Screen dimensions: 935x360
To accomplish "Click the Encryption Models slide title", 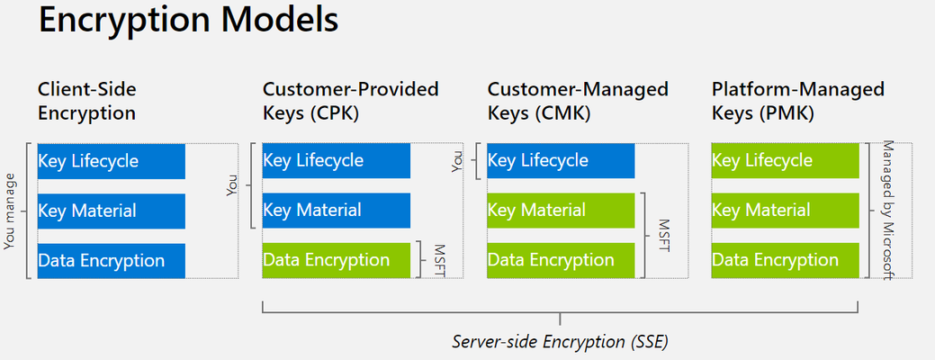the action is tap(188, 20).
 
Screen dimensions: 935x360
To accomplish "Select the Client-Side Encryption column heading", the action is tap(87, 101).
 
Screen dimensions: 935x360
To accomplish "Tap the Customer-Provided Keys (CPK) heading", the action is tap(351, 101).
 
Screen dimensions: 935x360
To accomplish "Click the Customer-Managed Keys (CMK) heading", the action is tap(578, 101).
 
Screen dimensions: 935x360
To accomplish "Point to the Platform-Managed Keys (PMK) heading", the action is tap(798, 101).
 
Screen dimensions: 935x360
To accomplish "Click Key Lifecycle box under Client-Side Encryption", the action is tap(112, 161).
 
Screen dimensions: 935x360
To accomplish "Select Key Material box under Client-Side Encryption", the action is tap(112, 211).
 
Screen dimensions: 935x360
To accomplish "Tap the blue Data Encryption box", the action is tap(112, 260).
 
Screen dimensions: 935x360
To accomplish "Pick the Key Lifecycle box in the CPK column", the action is tap(337, 160).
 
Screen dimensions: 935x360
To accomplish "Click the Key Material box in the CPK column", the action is tap(337, 211).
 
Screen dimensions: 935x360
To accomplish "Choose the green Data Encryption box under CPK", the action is tap(337, 260).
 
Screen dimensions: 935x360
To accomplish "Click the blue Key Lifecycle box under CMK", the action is tap(561, 160).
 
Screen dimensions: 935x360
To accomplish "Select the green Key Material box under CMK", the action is tap(561, 211).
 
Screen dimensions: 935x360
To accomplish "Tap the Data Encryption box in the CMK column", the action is tap(561, 260).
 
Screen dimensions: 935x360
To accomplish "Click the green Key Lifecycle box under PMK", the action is tap(786, 160).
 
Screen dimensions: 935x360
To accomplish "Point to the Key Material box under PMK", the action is tap(786, 211).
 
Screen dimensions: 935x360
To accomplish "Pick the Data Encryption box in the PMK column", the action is tap(786, 260).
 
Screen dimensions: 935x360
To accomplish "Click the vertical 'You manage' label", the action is tap(10, 211).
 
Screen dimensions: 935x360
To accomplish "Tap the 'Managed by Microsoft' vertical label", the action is tap(888, 211).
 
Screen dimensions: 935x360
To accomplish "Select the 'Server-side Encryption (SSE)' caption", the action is tap(560, 342).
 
